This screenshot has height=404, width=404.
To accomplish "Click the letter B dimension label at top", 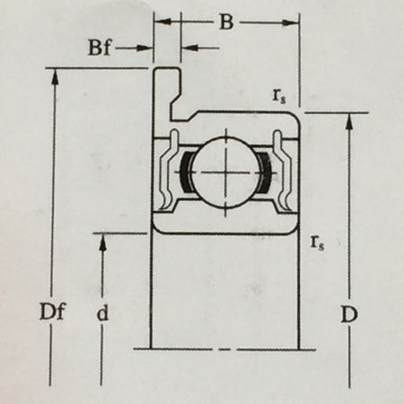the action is pos(226,22).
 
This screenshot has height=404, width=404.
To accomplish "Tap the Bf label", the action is pos(100,48).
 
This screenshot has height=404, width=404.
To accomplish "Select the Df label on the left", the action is pos(52,312).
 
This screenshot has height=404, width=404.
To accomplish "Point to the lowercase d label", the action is pos(102,313).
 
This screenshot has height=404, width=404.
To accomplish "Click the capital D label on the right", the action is pos(349,314).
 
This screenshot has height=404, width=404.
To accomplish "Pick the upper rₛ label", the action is pos(278,96).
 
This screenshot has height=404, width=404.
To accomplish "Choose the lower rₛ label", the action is pos(317,242).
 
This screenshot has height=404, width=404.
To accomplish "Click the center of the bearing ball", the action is pos(225,172).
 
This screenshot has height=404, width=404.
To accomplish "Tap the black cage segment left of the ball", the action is pos(185,172).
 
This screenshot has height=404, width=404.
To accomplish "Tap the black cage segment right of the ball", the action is pos(265,172).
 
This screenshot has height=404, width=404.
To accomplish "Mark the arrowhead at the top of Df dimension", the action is pos(54,76).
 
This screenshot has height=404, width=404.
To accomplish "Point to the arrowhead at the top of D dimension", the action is pos(349,121).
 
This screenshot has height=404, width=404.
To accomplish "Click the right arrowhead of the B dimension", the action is pos(291,22).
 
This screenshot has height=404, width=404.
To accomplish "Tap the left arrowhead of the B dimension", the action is pos(162,22).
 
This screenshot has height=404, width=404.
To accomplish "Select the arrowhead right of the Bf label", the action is pos(145,48).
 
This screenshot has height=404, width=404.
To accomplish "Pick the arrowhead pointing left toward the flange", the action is pos(189,48).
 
